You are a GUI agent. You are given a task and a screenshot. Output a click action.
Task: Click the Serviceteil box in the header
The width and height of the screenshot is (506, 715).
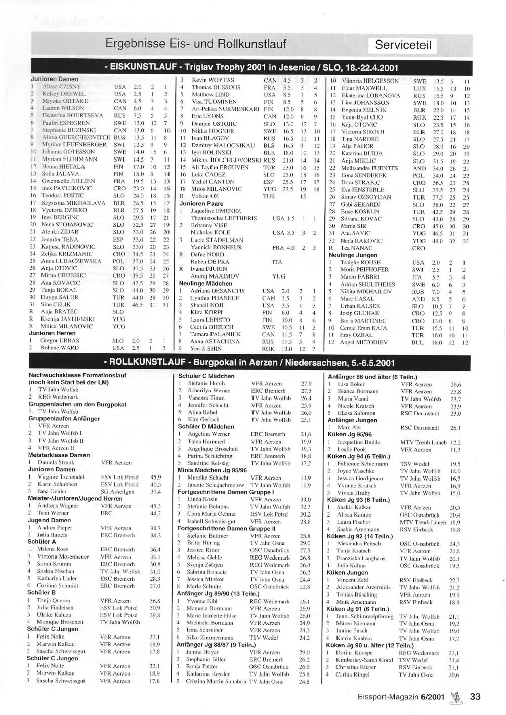403,45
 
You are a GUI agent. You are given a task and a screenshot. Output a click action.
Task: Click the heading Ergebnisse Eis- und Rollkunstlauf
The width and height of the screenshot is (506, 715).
195,44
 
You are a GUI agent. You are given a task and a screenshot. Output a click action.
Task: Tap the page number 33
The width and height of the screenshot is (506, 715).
475,697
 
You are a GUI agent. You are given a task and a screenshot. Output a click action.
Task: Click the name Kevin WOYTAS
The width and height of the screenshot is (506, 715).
213,80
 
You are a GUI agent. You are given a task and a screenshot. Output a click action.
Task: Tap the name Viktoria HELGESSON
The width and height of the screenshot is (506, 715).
370,81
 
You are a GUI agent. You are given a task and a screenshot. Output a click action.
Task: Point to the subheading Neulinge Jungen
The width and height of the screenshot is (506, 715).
353,255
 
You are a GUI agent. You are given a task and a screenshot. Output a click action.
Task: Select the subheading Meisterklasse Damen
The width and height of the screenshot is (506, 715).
59,455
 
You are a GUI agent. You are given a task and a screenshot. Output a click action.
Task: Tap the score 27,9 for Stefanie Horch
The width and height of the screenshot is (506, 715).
306,384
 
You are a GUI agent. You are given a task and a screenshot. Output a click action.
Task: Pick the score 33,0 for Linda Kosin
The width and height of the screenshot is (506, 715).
305,499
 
